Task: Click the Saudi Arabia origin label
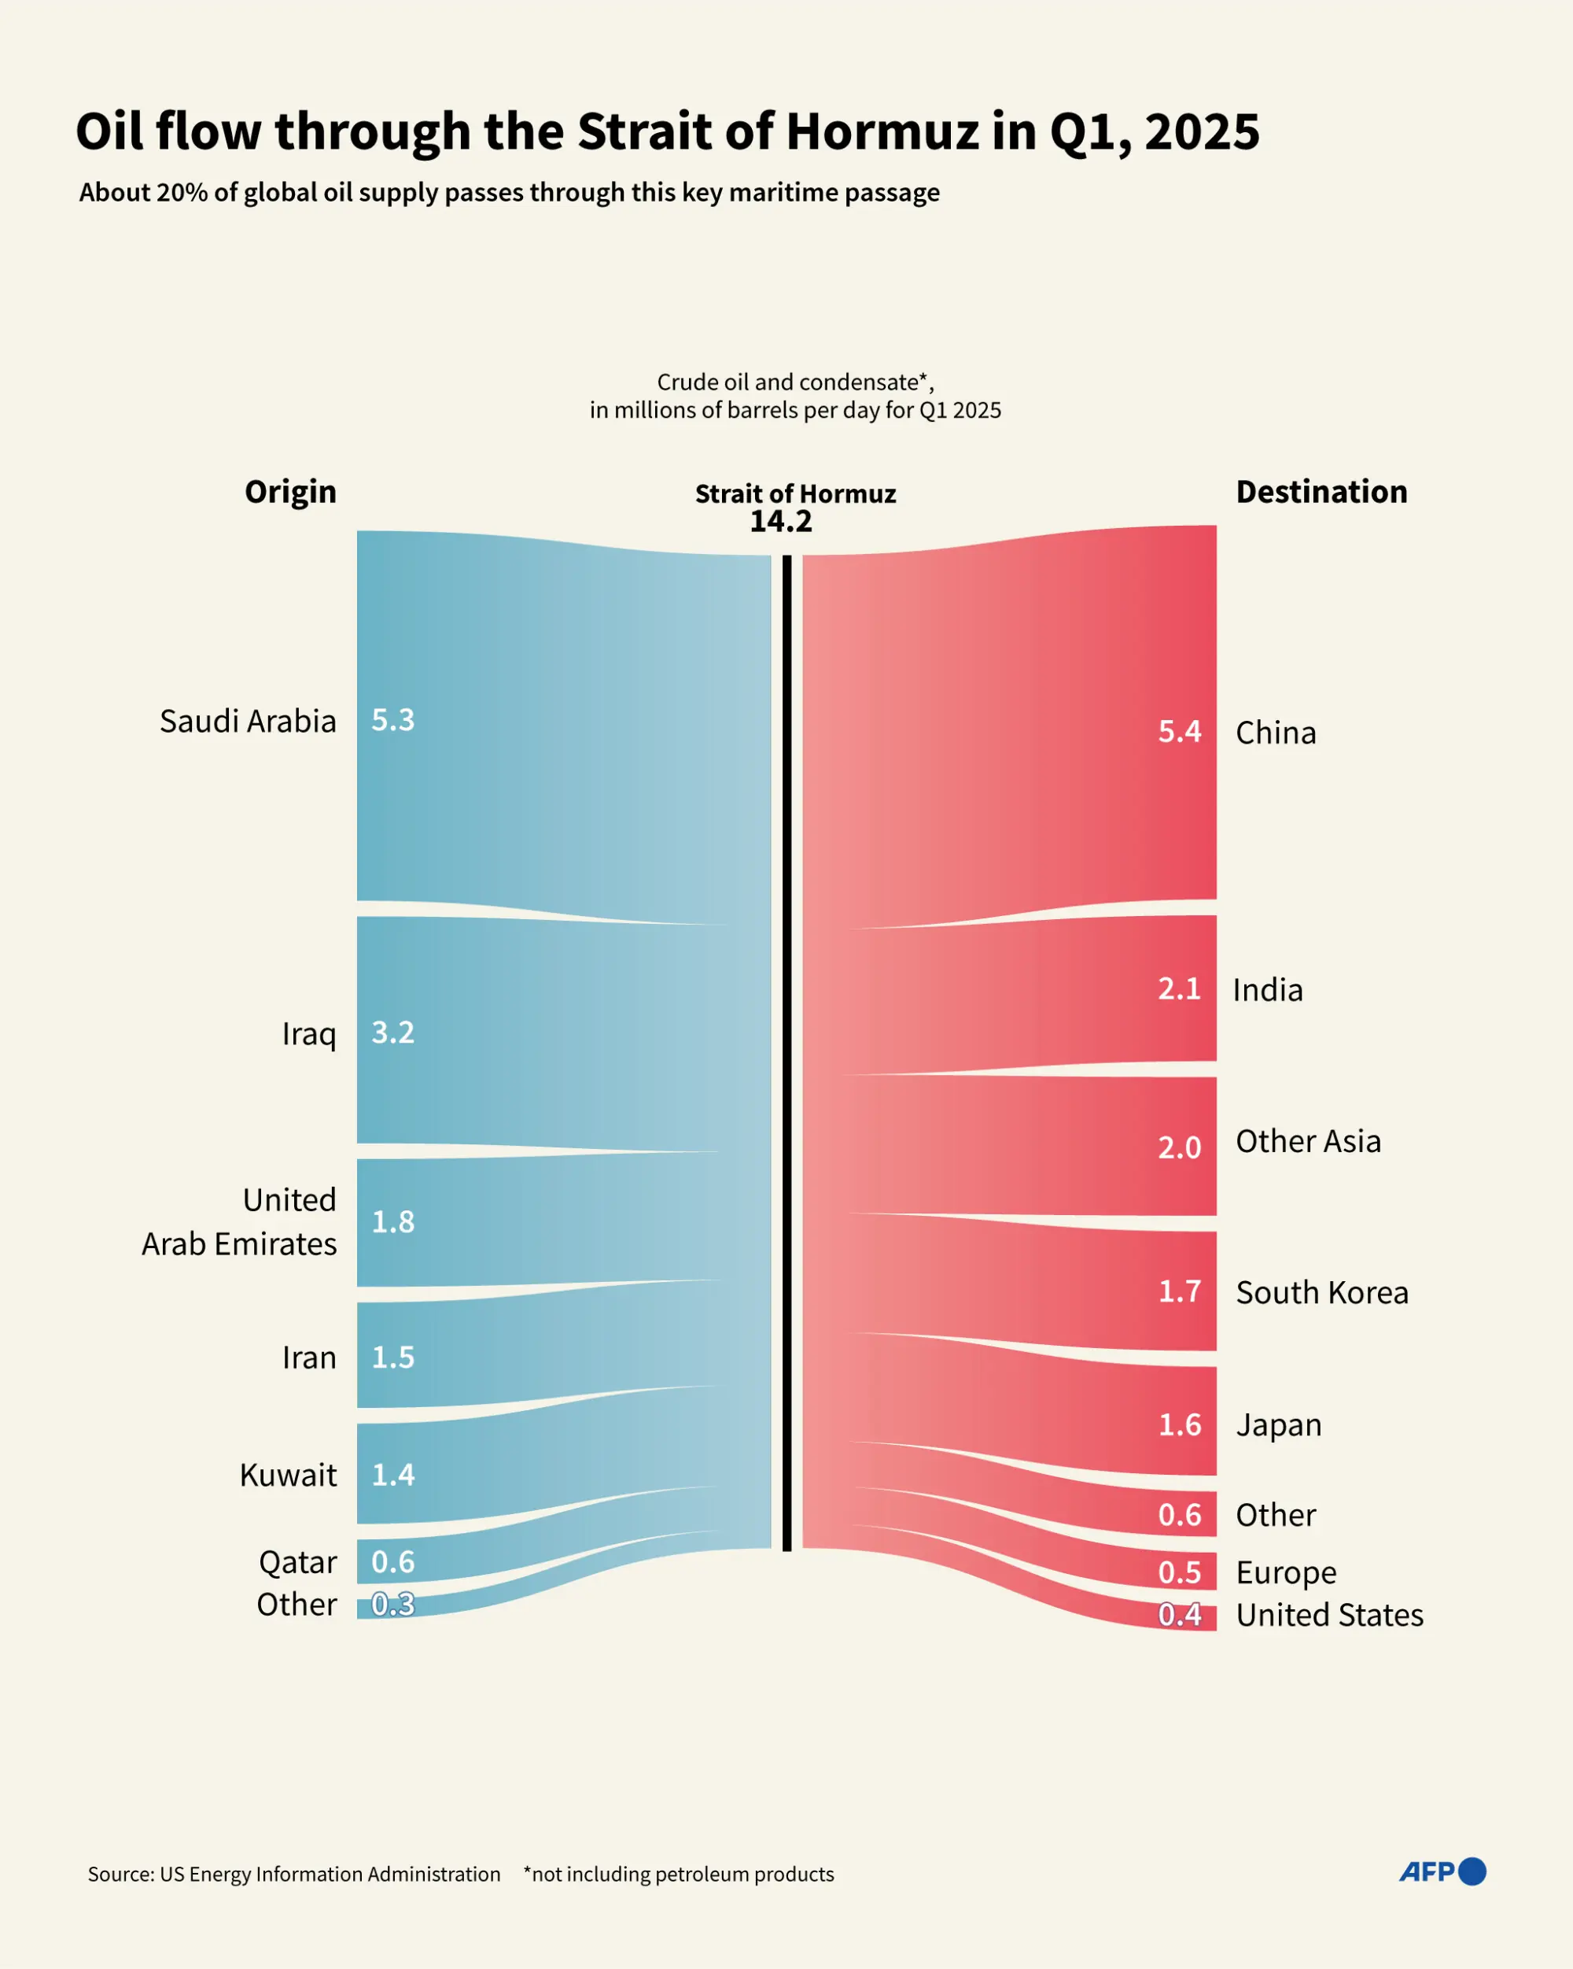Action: point(248,722)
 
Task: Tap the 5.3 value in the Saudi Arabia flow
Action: point(392,719)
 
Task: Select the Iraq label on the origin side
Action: point(308,1034)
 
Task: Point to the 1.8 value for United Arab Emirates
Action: point(392,1222)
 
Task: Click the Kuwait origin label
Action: point(288,1475)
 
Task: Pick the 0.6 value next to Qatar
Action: point(392,1561)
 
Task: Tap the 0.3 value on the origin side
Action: point(392,1605)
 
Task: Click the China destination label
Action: point(1276,733)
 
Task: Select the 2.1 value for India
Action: point(1179,989)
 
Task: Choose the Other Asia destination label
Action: point(1307,1142)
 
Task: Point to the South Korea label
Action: point(1322,1293)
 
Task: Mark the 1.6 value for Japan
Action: point(1179,1424)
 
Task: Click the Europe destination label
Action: point(1285,1572)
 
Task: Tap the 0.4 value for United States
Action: point(1179,1616)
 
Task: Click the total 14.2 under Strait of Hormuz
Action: point(780,522)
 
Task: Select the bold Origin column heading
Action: point(290,493)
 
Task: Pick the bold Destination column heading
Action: point(1321,493)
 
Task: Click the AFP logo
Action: point(1442,1872)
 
